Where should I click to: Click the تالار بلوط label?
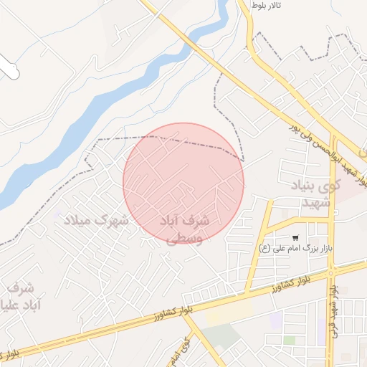click(266, 5)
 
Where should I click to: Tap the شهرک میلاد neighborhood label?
click(96, 219)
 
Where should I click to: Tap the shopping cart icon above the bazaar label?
click(295, 237)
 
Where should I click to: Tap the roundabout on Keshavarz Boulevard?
click(332, 271)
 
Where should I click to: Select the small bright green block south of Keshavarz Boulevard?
click(289, 340)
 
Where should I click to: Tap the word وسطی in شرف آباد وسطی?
click(184, 239)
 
